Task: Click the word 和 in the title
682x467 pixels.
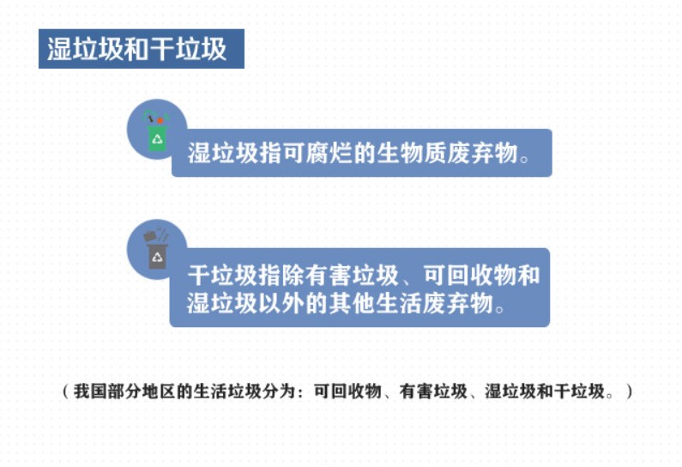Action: point(136,49)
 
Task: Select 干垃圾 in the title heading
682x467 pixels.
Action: point(188,49)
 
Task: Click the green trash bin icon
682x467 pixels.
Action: point(157,138)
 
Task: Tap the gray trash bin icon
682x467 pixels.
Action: point(157,256)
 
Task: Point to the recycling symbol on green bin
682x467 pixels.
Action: point(157,139)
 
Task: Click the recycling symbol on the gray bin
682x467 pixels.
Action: point(157,258)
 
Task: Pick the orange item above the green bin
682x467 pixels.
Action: point(160,119)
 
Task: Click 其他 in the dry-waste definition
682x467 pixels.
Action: point(353,303)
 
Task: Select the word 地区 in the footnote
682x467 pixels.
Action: point(159,391)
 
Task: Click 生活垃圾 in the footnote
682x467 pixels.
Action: point(227,391)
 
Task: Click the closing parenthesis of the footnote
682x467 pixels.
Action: point(630,391)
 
